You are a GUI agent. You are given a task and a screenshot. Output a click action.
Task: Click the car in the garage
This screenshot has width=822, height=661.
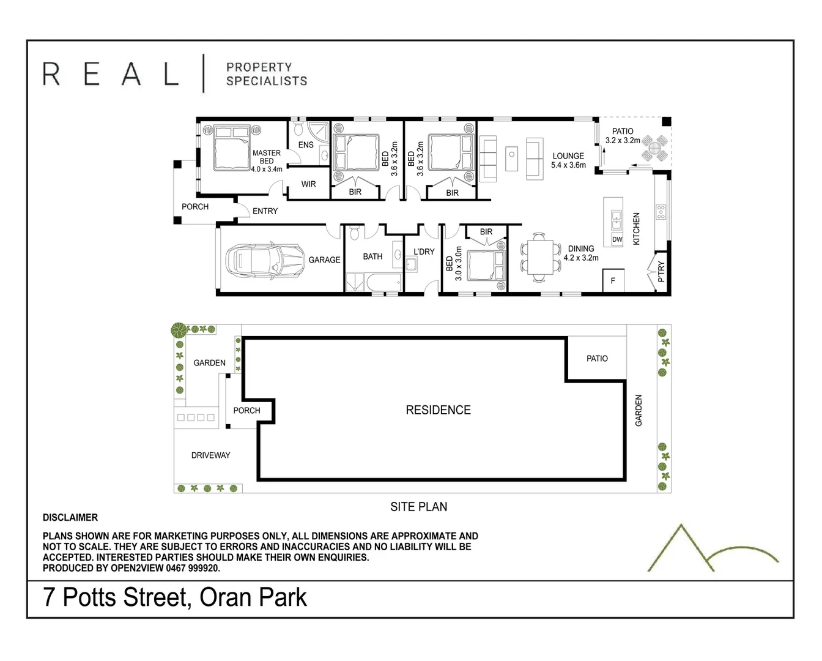(x=264, y=260)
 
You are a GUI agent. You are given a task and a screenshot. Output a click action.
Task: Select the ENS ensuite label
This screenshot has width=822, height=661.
(x=306, y=145)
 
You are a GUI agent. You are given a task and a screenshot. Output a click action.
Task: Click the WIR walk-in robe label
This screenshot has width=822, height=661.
(x=308, y=184)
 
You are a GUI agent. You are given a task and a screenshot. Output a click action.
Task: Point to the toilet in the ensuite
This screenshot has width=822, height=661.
(x=298, y=129)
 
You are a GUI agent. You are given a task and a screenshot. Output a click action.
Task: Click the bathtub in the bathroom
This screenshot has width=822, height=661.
(x=383, y=283)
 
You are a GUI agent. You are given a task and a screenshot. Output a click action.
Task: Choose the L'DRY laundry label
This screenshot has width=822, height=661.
(x=424, y=252)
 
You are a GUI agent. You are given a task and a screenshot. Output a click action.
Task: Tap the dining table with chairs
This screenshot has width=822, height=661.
(x=539, y=257)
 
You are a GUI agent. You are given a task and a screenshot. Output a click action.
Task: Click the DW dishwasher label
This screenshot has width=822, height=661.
(x=617, y=240)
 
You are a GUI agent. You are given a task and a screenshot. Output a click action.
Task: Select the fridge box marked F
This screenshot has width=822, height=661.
(x=613, y=281)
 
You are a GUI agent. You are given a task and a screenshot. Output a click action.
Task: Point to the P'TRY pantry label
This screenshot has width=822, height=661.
(x=661, y=272)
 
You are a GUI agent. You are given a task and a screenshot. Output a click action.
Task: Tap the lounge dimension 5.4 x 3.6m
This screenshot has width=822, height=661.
(x=568, y=165)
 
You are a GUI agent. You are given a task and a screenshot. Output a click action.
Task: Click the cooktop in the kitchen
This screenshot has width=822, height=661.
(x=661, y=212)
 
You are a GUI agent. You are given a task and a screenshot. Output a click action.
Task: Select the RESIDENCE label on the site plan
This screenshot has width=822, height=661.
(x=438, y=410)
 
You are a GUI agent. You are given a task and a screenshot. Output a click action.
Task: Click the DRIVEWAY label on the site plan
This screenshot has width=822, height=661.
(x=210, y=455)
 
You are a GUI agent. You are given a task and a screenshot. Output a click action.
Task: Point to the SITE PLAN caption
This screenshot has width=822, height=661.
(x=418, y=507)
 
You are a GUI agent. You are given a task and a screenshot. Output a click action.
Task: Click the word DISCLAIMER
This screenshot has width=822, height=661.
(x=70, y=518)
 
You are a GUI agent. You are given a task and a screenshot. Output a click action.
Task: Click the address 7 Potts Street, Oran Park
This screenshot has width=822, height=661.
(x=175, y=597)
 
